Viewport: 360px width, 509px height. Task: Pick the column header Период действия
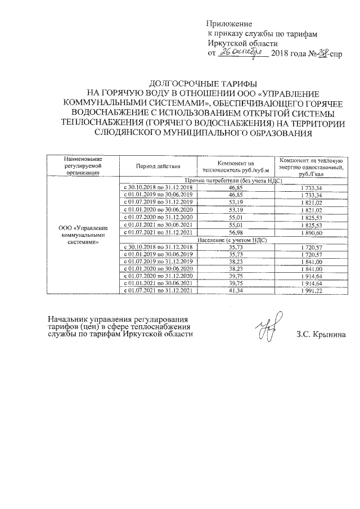(x=158, y=166)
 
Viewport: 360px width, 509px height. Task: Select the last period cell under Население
(x=158, y=290)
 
